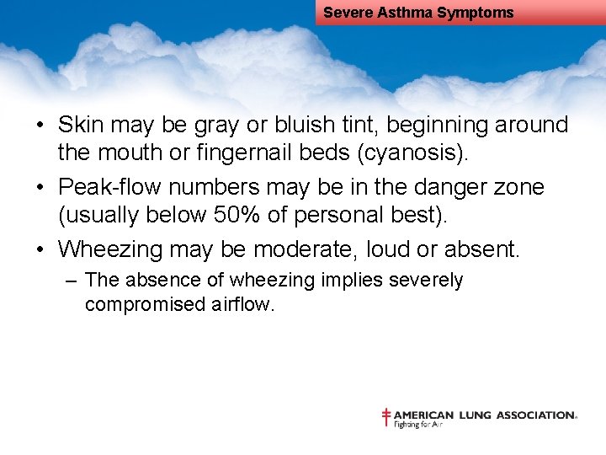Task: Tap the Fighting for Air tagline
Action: pyautogui.click(x=418, y=425)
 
